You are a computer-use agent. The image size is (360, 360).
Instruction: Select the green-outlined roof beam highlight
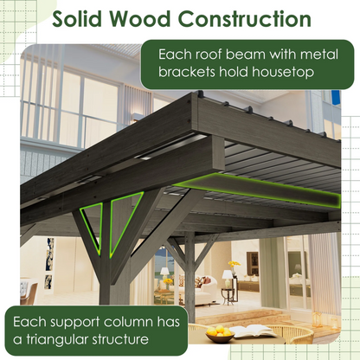260,188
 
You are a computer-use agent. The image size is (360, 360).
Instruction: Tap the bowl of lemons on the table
222,333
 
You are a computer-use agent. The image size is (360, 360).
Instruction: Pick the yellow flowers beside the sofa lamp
234,267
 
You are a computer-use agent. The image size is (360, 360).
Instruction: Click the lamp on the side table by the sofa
227,279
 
